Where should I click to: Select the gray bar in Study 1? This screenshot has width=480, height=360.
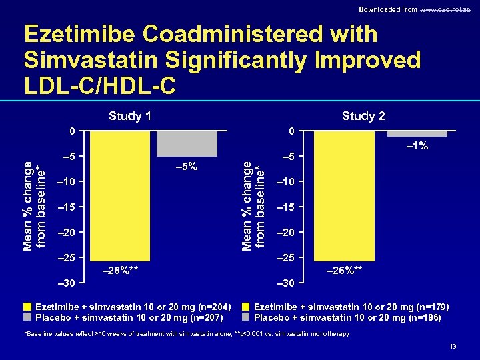click(187, 143)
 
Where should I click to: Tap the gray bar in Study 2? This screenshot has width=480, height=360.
click(417, 133)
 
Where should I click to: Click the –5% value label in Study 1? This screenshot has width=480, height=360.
click(186, 166)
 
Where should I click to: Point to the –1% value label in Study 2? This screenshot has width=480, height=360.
click(417, 146)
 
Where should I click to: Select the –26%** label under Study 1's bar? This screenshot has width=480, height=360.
click(119, 270)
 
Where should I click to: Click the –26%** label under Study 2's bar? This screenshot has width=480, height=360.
click(344, 270)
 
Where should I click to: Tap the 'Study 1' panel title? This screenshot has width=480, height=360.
click(130, 116)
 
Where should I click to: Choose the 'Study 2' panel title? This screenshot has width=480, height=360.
click(363, 116)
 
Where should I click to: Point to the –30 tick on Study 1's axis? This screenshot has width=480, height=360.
click(66, 283)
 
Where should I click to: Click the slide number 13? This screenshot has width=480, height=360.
click(453, 347)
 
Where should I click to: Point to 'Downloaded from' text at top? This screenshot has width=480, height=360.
click(381, 9)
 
